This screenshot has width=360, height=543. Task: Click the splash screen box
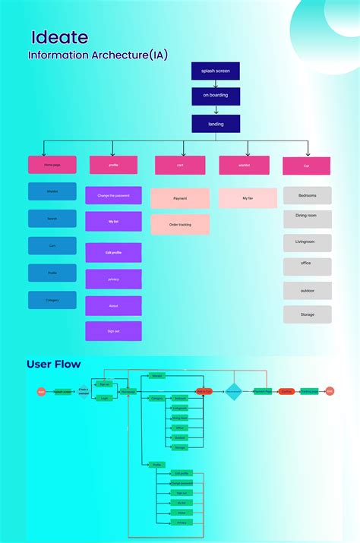[216, 71]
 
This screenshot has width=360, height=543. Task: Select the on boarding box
[216, 96]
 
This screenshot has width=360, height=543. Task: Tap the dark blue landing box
[216, 123]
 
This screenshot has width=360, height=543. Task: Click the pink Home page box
[52, 165]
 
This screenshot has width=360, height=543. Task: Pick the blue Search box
[52, 219]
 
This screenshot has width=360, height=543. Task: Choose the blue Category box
[52, 300]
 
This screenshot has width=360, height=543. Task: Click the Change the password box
[113, 195]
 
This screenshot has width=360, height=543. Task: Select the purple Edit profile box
[113, 252]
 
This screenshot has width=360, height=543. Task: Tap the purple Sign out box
[113, 330]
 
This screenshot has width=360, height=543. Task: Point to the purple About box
[113, 305]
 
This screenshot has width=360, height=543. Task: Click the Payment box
[180, 198]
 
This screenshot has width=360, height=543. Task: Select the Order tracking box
[180, 224]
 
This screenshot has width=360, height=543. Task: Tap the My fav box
[248, 198]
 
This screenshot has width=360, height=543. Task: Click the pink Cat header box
[306, 166]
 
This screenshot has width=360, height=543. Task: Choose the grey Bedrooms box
[307, 195]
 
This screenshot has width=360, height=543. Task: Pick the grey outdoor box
[307, 290]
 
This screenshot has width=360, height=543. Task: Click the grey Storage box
[307, 314]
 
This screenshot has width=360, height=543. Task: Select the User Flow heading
[53, 365]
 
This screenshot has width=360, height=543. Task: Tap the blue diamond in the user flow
[233, 392]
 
